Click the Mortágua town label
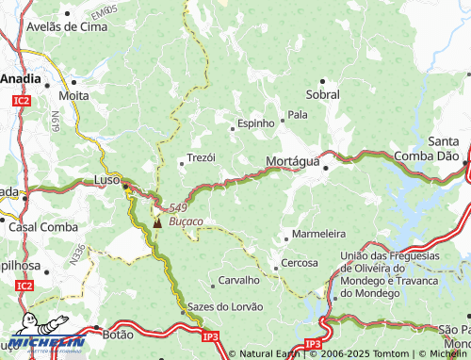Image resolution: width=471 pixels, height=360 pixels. click(293, 161)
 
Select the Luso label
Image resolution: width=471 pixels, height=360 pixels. click(106, 179)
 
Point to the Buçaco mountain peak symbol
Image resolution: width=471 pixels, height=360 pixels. click(156, 223)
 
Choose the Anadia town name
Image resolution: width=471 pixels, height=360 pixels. click(19, 79)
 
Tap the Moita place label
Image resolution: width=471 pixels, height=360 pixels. click(73, 95)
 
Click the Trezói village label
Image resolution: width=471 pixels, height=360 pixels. click(202, 157)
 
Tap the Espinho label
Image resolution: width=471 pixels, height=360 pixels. click(256, 123)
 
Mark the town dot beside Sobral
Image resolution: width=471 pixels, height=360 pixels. click(323, 81)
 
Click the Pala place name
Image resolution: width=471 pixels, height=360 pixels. click(298, 114)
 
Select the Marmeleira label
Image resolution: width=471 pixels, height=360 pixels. click(319, 233)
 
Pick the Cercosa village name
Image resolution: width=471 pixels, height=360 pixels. click(300, 263)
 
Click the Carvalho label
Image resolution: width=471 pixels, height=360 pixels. click(238, 280)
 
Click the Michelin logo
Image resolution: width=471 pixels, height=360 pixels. click(45, 342)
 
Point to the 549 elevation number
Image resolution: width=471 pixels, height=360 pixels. click(179, 208)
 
